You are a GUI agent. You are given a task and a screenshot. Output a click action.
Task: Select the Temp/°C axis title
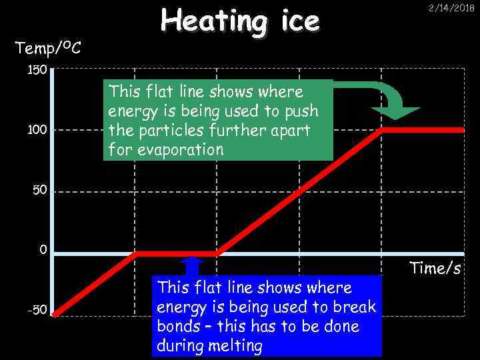tap(49, 47)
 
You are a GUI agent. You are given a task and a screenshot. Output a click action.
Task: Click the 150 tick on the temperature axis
tap(37, 70)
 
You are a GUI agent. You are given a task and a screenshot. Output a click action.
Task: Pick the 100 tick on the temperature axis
tap(37, 130)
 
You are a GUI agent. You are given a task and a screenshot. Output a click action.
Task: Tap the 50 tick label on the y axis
tap(40, 191)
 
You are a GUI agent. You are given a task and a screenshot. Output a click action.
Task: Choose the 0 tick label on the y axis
tap(43, 251)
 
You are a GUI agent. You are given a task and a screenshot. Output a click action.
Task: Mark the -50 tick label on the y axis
tap(37, 310)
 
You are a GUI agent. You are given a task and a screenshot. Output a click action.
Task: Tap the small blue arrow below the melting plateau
tap(192, 265)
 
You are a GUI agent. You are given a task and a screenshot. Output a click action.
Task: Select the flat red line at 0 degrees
tap(176, 253)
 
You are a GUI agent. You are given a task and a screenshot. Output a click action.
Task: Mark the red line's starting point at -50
tap(55, 313)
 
